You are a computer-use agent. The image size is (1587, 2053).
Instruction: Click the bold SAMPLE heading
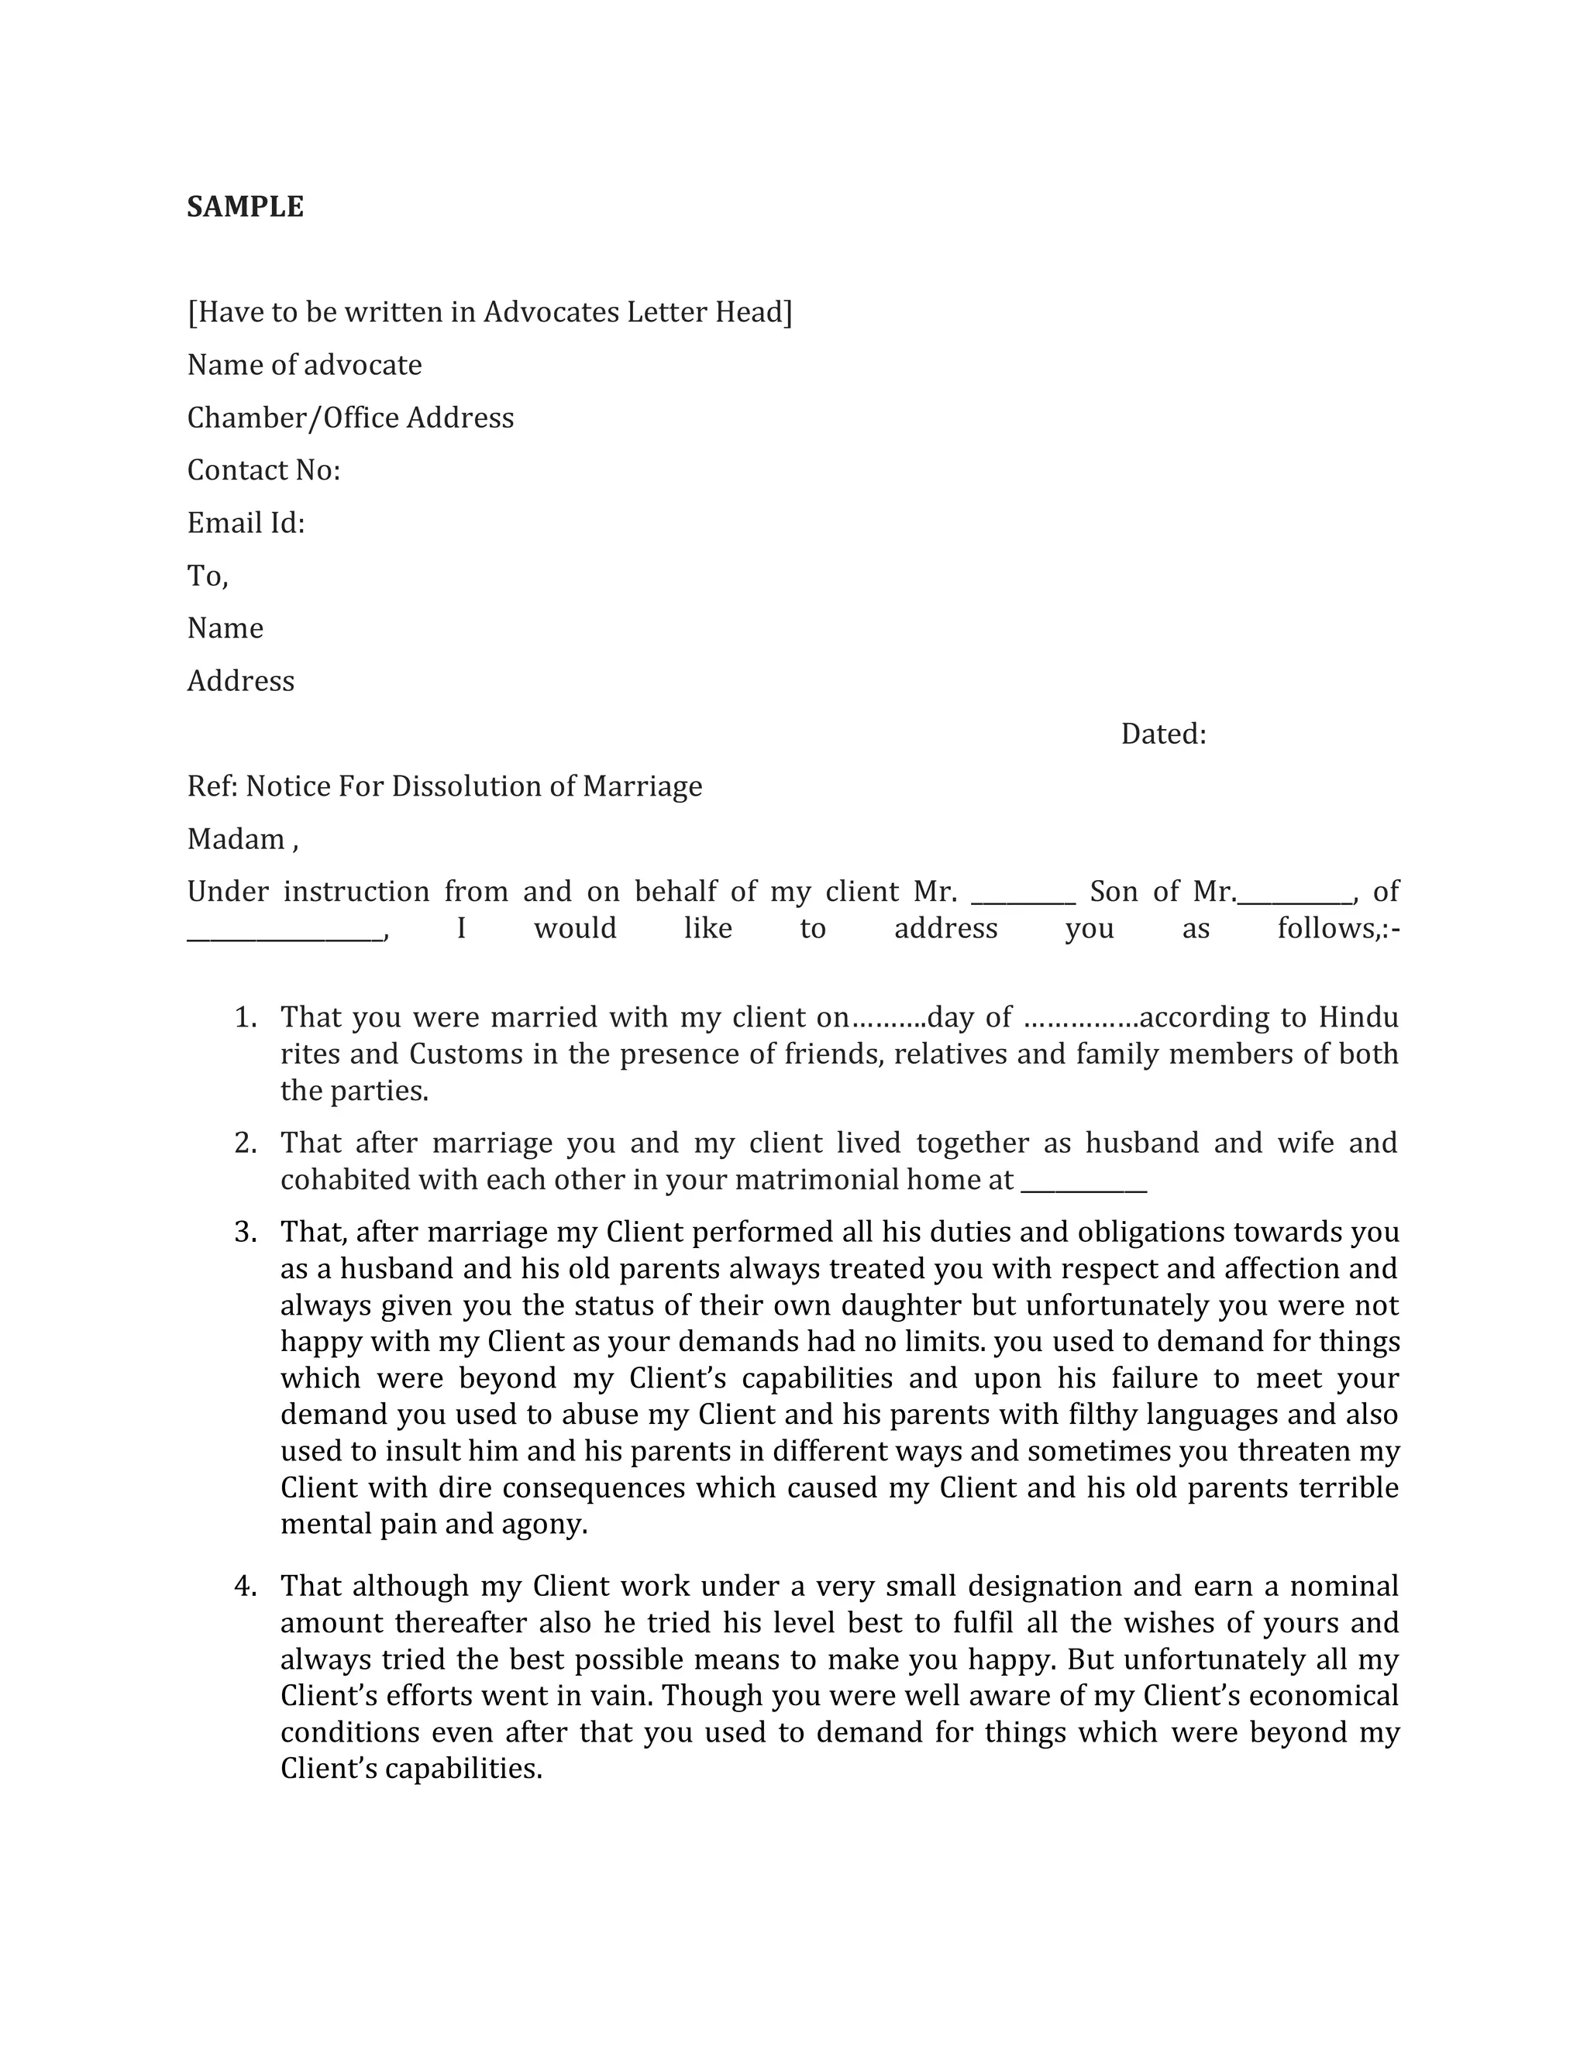244,207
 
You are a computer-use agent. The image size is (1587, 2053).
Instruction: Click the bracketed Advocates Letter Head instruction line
489,311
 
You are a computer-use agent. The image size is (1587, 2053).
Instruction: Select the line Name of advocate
305,365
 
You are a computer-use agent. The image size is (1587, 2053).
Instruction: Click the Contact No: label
263,470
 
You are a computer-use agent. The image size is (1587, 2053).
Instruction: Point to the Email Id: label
246,523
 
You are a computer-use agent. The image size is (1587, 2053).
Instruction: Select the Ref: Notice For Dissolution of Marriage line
445,786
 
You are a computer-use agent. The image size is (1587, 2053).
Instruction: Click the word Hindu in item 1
1358,1017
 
